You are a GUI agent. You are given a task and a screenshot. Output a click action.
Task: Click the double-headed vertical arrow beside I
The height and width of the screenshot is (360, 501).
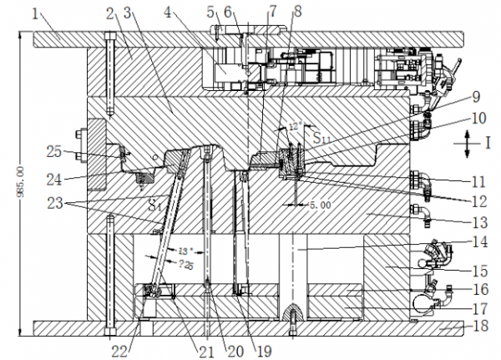point(465,144)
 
